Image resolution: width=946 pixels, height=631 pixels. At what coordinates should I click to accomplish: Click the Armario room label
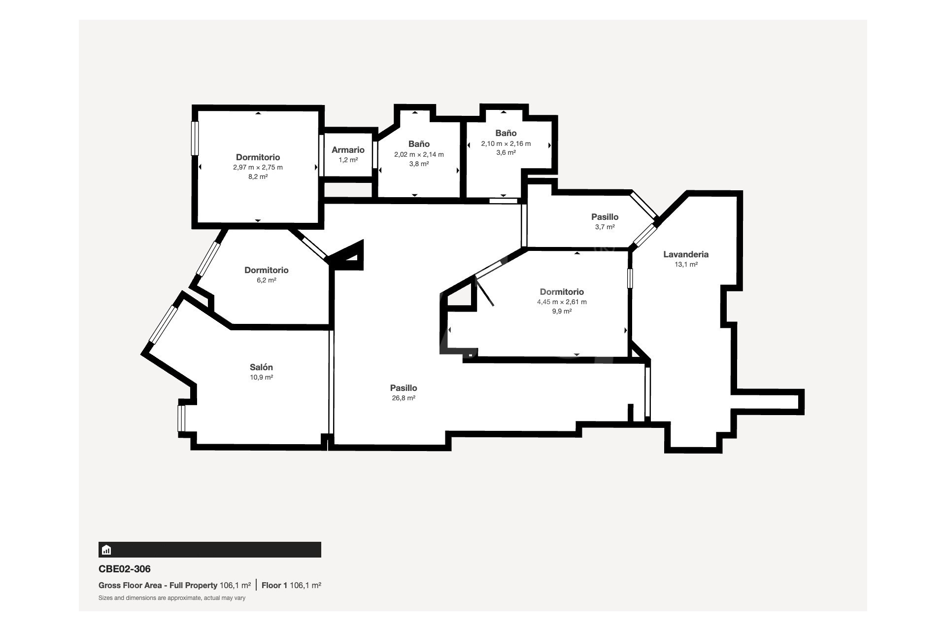(348, 150)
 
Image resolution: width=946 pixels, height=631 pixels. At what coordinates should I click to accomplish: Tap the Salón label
(261, 367)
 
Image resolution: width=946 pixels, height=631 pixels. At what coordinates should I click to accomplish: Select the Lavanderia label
(686, 254)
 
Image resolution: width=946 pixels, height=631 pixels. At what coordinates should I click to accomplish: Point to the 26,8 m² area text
(404, 398)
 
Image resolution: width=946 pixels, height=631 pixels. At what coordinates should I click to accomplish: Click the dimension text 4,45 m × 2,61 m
(562, 302)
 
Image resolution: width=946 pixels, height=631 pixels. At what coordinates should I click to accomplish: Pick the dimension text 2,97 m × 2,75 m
(258, 167)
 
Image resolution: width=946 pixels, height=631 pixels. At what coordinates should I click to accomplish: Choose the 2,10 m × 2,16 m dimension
(506, 143)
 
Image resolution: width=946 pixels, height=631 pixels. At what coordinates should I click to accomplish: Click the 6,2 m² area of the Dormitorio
(267, 280)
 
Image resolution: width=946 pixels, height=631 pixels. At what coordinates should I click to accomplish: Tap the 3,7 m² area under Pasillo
(605, 227)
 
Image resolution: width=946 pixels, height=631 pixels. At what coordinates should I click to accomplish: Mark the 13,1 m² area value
(686, 264)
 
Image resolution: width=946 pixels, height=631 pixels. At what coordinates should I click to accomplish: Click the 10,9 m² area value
(261, 377)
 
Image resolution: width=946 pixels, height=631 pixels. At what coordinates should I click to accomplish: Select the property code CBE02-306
(125, 569)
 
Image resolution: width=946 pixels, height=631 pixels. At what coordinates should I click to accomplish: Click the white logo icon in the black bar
(106, 550)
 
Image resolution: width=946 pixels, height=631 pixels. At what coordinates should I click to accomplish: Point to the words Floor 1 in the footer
(274, 586)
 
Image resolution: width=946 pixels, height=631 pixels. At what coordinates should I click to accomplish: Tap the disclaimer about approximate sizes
(172, 598)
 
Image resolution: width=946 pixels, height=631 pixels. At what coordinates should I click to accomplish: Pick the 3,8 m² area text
(419, 164)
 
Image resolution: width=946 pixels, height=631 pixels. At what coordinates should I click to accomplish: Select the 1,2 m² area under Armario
(348, 160)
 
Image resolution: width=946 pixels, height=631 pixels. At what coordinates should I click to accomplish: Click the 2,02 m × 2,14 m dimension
(419, 154)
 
